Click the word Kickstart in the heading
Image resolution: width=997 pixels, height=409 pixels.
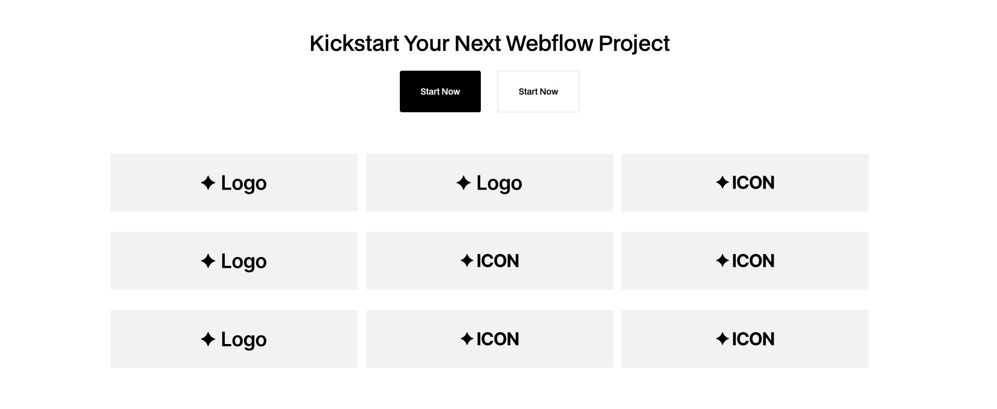tap(354, 43)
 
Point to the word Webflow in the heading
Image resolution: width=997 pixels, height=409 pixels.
tap(549, 43)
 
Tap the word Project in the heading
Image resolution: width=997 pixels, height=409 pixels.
tap(634, 43)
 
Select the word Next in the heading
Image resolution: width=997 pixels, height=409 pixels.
tap(477, 43)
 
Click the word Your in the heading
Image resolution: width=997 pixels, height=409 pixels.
tap(426, 43)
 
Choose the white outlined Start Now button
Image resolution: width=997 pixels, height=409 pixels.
tap(538, 91)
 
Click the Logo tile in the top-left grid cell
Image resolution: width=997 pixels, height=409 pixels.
tap(234, 182)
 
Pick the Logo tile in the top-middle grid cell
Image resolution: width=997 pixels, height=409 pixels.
tap(489, 182)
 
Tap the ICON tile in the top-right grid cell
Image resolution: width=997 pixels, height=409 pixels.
tap(745, 182)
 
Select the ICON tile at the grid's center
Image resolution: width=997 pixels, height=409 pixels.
tap(489, 261)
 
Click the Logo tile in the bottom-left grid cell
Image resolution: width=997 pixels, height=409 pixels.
tap(234, 339)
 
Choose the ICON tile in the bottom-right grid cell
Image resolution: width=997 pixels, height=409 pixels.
tap(745, 339)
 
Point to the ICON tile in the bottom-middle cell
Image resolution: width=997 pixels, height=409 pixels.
tap(489, 339)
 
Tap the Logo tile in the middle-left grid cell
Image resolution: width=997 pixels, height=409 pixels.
tap(234, 261)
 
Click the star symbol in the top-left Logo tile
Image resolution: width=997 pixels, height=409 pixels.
tap(208, 183)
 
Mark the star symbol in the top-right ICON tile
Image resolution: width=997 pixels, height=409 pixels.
tap(722, 182)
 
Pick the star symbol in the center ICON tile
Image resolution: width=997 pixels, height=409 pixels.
tap(466, 260)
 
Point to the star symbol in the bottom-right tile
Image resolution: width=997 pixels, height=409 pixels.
tap(722, 339)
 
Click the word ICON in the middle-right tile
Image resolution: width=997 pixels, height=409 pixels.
tap(753, 261)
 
